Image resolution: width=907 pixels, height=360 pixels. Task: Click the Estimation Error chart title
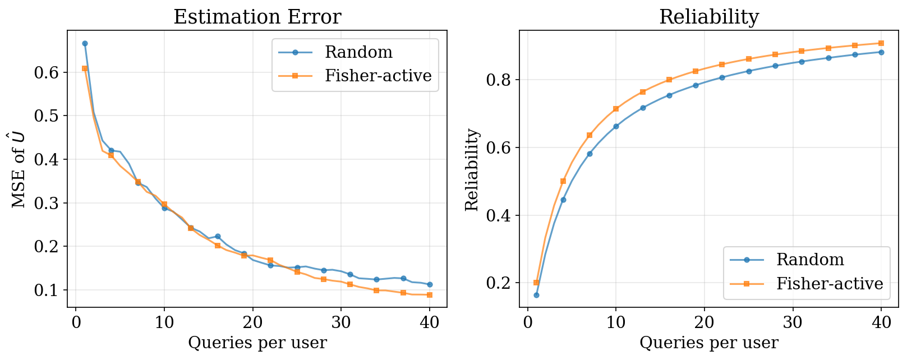(257, 17)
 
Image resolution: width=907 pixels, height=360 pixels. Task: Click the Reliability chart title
(708, 17)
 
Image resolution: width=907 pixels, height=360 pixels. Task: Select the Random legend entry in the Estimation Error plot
(358, 52)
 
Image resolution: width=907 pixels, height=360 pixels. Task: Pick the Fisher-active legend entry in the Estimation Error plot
(378, 76)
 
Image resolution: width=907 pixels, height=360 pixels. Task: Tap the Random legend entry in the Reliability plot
(810, 260)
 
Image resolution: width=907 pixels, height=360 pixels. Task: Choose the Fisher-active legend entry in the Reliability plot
(830, 284)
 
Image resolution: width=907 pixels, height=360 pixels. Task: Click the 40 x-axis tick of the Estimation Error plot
(429, 324)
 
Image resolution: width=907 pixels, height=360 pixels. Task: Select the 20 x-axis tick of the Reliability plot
(704, 324)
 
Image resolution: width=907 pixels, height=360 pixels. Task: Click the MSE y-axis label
(19, 169)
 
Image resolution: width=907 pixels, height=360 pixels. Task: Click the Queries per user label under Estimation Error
(257, 343)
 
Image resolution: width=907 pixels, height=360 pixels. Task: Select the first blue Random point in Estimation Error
(85, 43)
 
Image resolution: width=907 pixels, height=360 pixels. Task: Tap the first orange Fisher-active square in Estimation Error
(85, 68)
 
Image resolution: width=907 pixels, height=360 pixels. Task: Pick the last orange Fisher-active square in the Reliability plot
(881, 43)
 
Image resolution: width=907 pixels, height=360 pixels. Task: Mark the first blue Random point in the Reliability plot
(536, 295)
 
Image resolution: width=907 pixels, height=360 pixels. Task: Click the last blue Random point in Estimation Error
(430, 285)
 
